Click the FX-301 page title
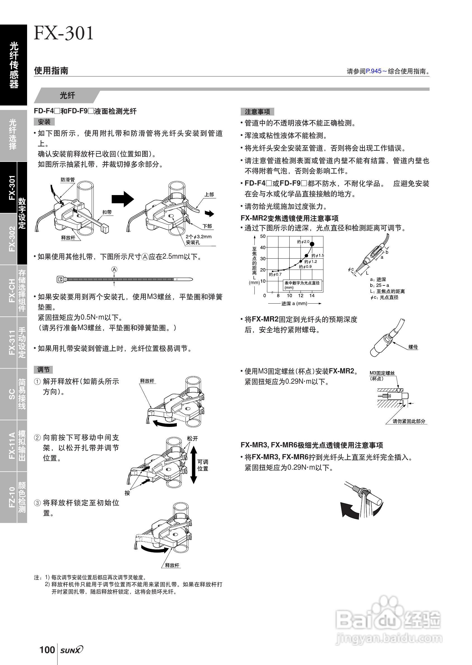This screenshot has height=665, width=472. (64, 33)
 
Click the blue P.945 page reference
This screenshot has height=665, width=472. (373, 71)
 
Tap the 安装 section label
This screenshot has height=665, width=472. (44, 122)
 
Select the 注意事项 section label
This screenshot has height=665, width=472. (257, 112)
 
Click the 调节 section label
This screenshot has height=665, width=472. (43, 369)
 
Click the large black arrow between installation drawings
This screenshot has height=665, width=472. (123, 199)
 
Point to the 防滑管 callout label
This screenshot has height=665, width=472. (68, 180)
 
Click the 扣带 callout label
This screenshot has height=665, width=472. (107, 212)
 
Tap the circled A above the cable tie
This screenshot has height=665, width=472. (114, 270)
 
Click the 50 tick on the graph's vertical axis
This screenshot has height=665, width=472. (263, 236)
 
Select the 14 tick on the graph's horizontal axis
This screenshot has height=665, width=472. (312, 296)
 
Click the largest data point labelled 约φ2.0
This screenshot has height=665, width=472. (312, 244)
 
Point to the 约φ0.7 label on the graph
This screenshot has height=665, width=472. (275, 274)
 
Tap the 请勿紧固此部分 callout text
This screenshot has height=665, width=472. (409, 421)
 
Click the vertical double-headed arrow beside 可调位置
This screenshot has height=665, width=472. (194, 465)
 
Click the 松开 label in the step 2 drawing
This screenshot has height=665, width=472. (192, 438)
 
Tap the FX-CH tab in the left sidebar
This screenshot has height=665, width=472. (12, 291)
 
